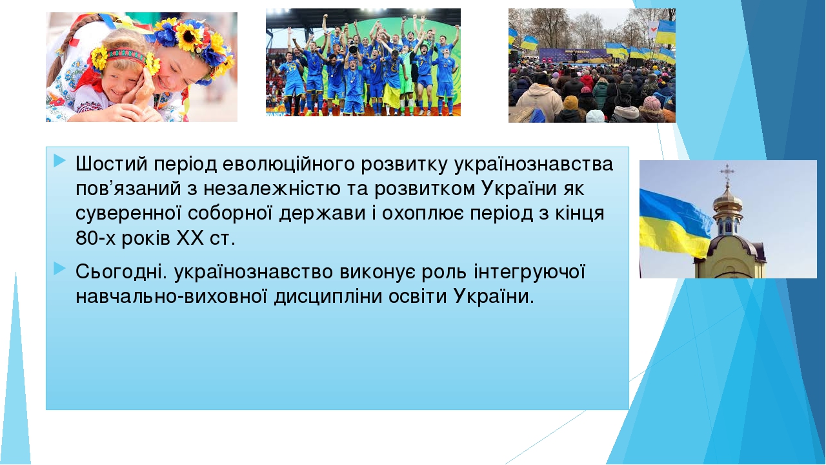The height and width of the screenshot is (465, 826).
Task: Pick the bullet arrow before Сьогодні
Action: pyautogui.click(x=60, y=268)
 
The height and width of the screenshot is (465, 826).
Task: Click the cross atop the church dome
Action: pyautogui.click(x=727, y=173)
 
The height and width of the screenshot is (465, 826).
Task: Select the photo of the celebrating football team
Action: pyautogui.click(x=363, y=63)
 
